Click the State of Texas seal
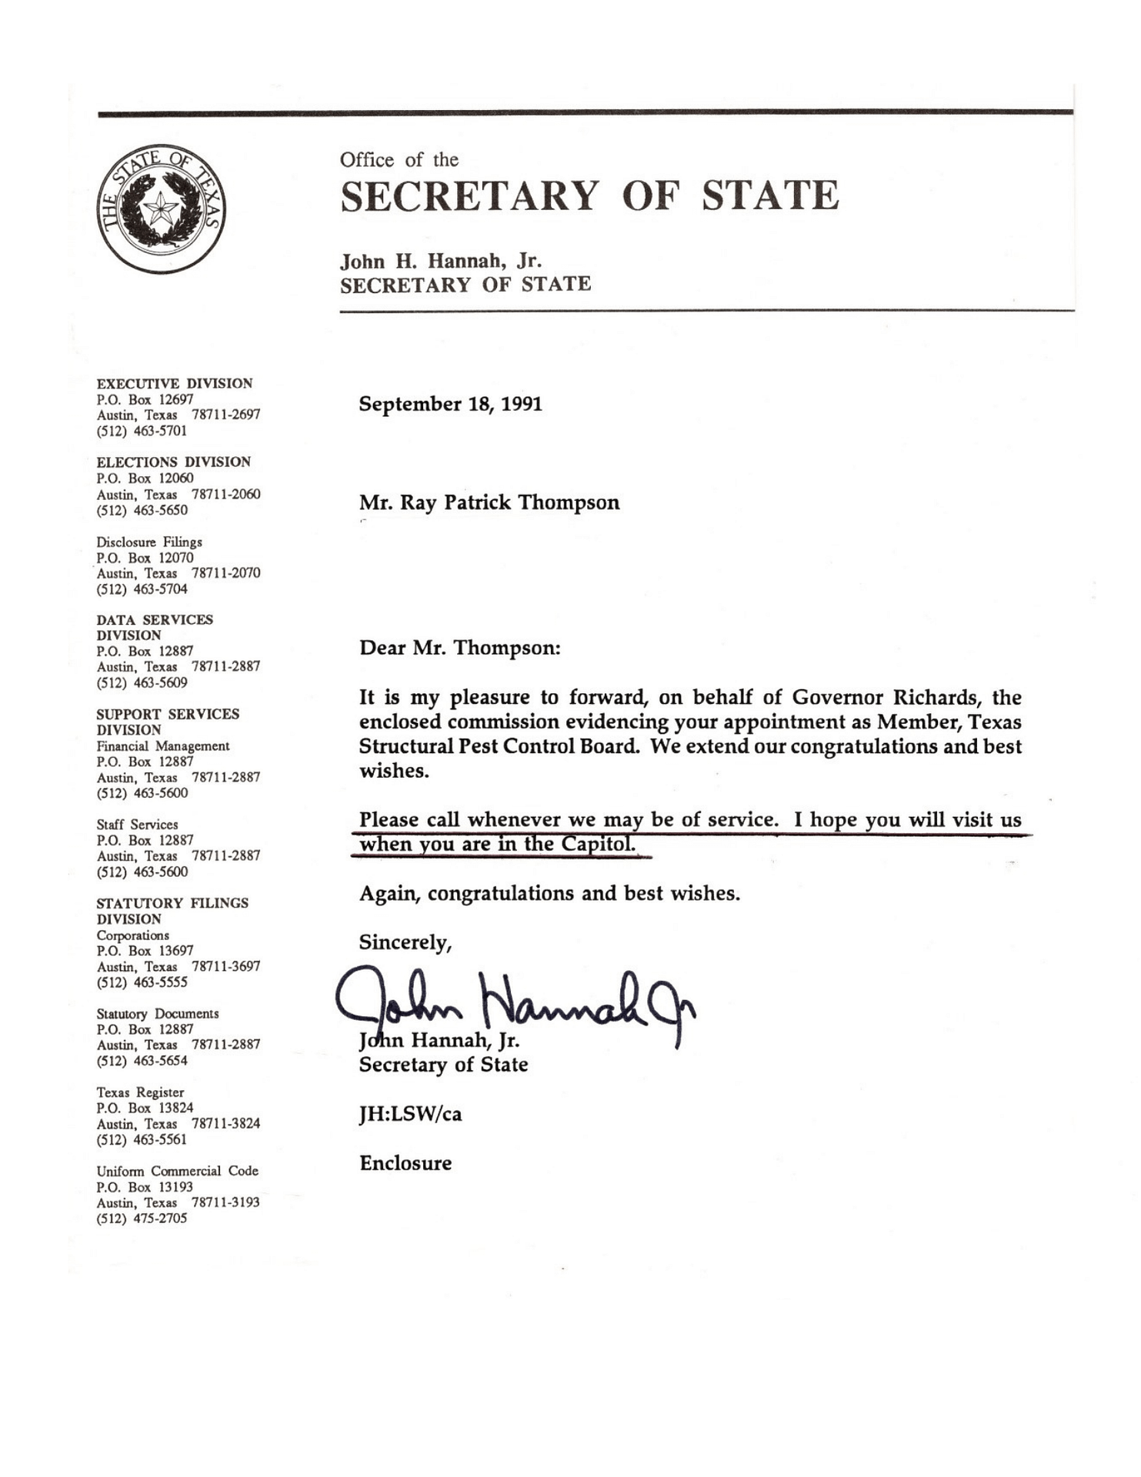coord(162,208)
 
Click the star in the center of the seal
coord(162,208)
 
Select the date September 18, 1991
coord(450,405)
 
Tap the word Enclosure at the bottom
coord(405,1163)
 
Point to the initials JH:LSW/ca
coord(410,1114)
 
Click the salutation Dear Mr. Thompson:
coord(459,648)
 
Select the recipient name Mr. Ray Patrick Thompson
coord(489,503)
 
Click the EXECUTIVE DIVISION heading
coord(174,383)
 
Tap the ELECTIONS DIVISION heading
coord(173,462)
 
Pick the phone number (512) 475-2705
coord(142,1219)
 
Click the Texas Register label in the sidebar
coord(140,1092)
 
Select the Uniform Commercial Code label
coord(177,1171)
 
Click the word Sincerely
coord(405,943)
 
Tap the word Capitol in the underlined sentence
coord(598,845)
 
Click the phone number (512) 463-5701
coord(142,431)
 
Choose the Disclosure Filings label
coord(149,542)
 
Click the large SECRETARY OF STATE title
coord(589,195)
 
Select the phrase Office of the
coord(399,160)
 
